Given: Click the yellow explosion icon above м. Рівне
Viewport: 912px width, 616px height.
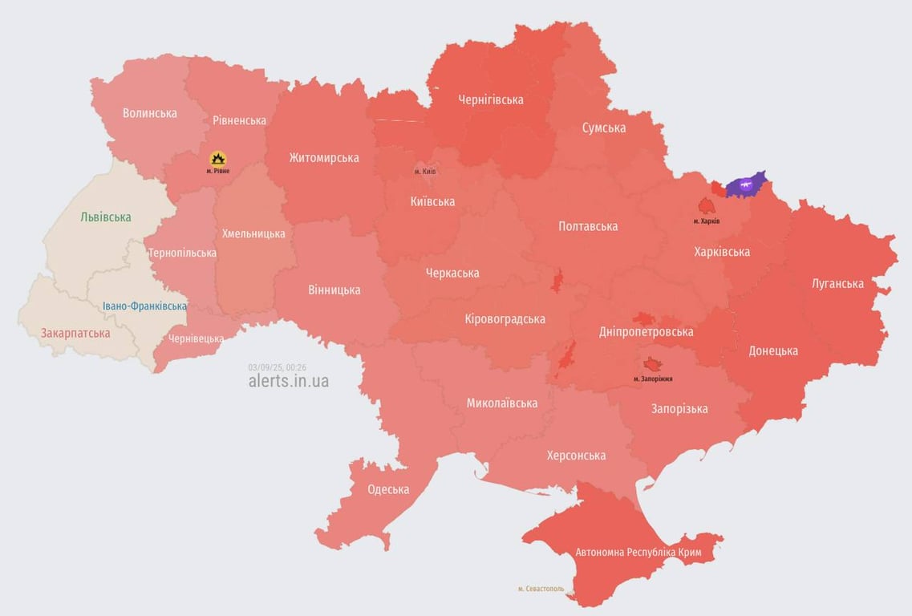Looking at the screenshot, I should [217, 159].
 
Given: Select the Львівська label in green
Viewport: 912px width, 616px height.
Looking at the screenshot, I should [106, 217].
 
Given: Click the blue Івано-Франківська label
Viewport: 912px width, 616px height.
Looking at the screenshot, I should [145, 306].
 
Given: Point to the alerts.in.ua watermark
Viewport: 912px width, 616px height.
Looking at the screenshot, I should [288, 381].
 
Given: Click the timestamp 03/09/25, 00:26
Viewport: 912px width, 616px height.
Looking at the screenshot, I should [278, 367].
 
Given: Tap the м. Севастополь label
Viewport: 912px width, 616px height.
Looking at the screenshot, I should [541, 589].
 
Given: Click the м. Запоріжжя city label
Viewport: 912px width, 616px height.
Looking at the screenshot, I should [653, 379].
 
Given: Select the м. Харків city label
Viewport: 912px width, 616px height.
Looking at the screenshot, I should [707, 221].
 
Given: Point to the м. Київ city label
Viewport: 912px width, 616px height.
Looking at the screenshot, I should [425, 172].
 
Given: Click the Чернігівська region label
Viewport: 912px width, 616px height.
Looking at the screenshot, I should [491, 99].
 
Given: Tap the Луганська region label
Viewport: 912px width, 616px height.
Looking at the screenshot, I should [837, 283].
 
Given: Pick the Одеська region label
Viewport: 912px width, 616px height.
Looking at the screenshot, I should [388, 489].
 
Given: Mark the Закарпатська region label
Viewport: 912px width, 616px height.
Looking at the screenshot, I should [75, 333].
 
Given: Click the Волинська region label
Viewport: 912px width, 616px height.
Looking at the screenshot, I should [150, 113].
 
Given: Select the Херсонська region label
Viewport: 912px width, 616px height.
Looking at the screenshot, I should [576, 456].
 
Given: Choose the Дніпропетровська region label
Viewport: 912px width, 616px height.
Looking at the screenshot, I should [647, 331].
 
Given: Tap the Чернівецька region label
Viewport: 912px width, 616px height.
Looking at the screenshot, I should [196, 338].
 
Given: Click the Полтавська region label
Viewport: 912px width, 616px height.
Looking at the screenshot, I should [588, 226].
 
